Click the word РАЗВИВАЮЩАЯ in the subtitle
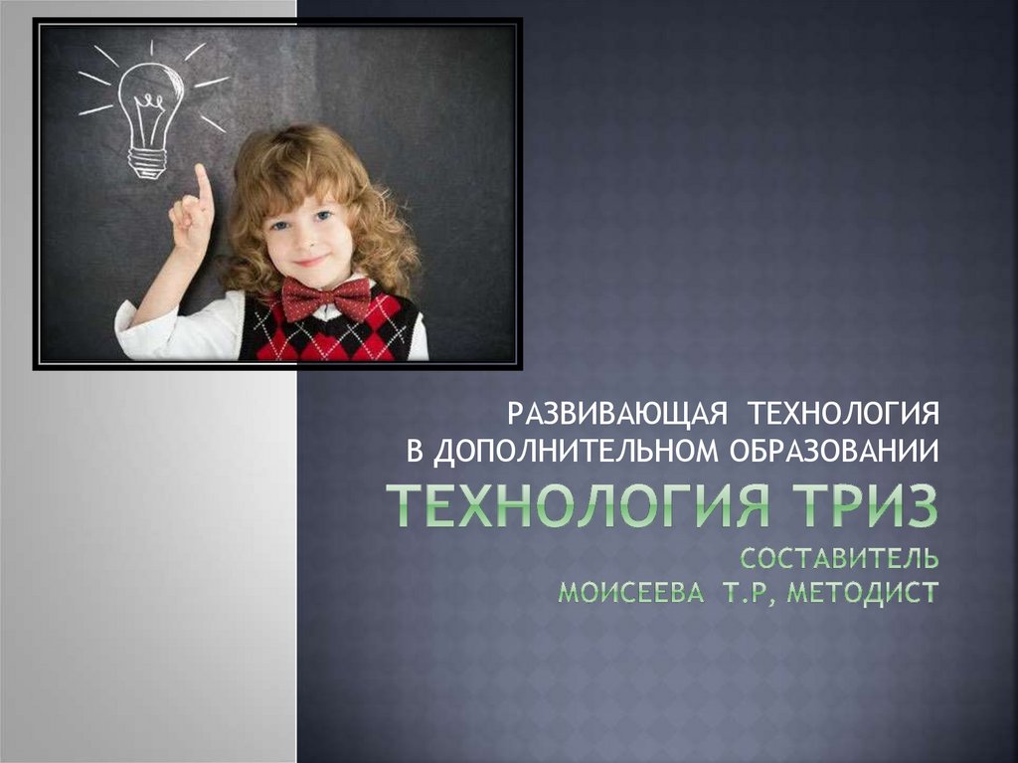click(616, 414)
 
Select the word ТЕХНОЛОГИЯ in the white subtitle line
click(844, 414)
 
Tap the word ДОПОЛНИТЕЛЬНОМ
click(576, 451)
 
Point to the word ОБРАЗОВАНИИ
click(835, 451)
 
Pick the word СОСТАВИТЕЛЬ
click(839, 558)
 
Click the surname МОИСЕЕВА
click(631, 592)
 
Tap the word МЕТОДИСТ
click(863, 592)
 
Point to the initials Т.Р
click(745, 592)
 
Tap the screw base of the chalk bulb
click(147, 162)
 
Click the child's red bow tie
click(326, 298)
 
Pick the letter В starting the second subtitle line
click(415, 451)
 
